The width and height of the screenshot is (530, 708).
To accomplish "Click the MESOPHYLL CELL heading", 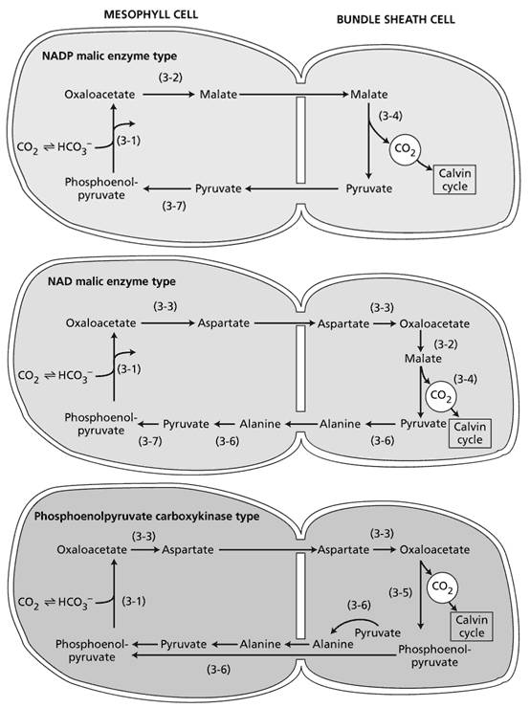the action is pyautogui.click(x=151, y=14).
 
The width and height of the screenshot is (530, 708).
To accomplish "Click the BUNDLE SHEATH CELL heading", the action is pyautogui.click(x=395, y=19).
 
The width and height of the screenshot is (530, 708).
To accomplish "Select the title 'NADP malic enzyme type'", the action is pyautogui.click(x=109, y=56).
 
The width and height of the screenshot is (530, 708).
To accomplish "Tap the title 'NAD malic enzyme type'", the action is pyautogui.click(x=112, y=281).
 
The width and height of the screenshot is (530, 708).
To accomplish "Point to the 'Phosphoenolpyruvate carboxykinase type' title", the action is pyautogui.click(x=146, y=516).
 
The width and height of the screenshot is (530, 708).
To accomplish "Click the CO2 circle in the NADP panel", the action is pyautogui.click(x=405, y=149).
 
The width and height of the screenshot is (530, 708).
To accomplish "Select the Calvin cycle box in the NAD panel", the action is pyautogui.click(x=470, y=433).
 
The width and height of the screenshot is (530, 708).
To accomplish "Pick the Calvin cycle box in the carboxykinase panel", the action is pyautogui.click(x=472, y=627).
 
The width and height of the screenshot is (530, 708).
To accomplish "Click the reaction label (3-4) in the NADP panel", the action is pyautogui.click(x=390, y=116).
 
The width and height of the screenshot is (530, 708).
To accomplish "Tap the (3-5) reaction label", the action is pyautogui.click(x=401, y=592).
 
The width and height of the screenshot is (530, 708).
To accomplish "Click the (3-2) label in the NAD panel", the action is pyautogui.click(x=446, y=344).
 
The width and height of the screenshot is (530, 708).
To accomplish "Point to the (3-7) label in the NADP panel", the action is pyautogui.click(x=174, y=206).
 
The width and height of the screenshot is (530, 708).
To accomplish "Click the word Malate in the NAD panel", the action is pyautogui.click(x=423, y=359).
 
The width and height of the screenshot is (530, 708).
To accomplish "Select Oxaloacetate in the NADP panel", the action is pyautogui.click(x=99, y=95).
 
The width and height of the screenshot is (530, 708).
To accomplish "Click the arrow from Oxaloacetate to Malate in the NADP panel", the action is pyautogui.click(x=168, y=95).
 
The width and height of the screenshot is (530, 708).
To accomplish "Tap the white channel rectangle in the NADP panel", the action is pyautogui.click(x=300, y=140).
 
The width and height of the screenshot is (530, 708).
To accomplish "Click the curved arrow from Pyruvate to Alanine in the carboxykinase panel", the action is pyautogui.click(x=353, y=623).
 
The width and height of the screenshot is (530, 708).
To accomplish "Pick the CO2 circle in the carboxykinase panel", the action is pyautogui.click(x=442, y=587).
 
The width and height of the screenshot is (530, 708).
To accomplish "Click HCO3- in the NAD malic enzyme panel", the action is pyautogui.click(x=76, y=376).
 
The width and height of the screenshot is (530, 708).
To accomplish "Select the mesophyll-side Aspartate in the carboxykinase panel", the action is pyautogui.click(x=188, y=549).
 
